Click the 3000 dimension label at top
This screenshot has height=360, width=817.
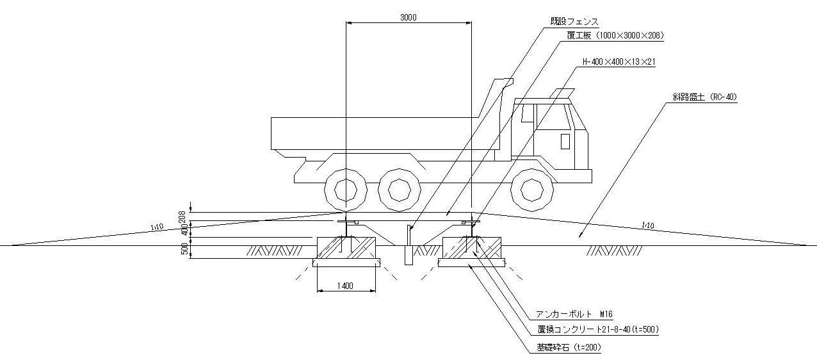point(408,18)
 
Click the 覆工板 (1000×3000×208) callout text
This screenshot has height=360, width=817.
point(614,37)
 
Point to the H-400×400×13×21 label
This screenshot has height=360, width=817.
point(619,62)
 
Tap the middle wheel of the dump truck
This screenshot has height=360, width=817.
point(399,190)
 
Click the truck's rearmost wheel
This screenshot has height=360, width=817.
point(345,190)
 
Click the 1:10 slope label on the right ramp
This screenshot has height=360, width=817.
point(647,225)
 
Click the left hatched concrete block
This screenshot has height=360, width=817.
point(346,247)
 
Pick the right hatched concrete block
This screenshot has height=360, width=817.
point(471,247)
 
